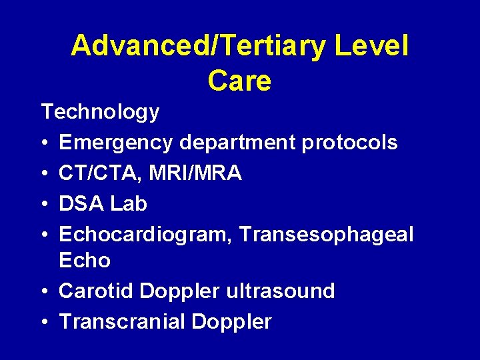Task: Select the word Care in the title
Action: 239,81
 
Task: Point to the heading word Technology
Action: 100,112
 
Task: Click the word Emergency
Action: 115,143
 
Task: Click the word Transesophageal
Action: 326,234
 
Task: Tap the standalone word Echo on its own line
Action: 85,260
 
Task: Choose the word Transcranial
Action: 122,322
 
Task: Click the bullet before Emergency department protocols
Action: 44,143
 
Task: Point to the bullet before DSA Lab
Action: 44,203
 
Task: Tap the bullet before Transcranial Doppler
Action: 44,322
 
